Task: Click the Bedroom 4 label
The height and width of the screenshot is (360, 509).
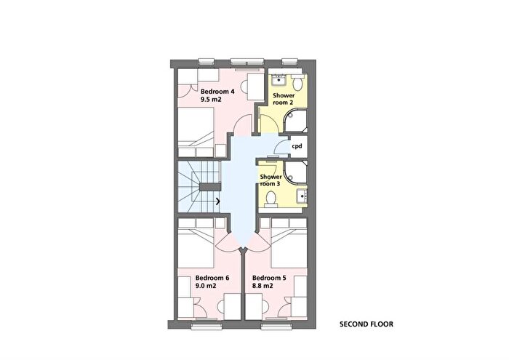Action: pos(217,92)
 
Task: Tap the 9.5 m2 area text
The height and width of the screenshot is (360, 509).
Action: pos(211,100)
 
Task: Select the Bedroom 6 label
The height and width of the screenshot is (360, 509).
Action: pos(212,278)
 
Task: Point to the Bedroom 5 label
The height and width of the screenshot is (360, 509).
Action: pos(269,278)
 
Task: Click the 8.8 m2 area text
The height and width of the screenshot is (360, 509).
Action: pos(262,286)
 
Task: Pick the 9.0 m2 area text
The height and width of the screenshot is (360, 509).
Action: pos(206,286)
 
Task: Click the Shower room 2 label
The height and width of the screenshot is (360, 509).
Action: pos(284,99)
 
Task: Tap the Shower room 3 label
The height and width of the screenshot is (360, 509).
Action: pos(270,180)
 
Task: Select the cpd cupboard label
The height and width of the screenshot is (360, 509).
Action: pos(297,146)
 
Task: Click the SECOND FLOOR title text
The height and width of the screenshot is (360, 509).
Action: pos(366,324)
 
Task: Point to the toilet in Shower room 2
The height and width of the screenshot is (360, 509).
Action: pos(297,81)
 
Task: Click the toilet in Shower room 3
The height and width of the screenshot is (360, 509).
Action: pos(270,199)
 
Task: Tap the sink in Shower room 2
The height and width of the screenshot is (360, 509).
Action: pos(278,79)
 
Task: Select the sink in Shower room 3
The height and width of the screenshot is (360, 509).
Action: pos(302,196)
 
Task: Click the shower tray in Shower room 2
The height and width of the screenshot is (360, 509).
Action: pos(294,121)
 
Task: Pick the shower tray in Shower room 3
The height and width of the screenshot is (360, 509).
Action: pos(295,172)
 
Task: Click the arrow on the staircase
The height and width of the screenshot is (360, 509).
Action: pos(218,201)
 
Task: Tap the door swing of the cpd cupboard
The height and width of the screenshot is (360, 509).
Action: pos(282,145)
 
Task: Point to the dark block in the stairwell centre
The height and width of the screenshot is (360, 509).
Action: pos(209,187)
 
